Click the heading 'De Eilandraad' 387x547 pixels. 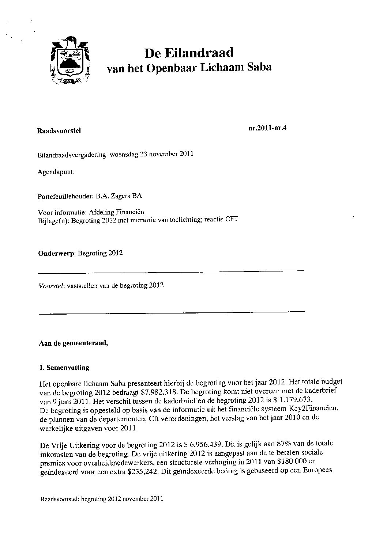click(x=189, y=53)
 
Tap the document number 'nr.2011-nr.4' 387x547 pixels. click(x=267, y=128)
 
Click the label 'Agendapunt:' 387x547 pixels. click(x=56, y=171)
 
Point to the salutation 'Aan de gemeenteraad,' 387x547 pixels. click(x=73, y=343)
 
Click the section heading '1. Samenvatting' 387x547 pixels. click(x=64, y=368)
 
